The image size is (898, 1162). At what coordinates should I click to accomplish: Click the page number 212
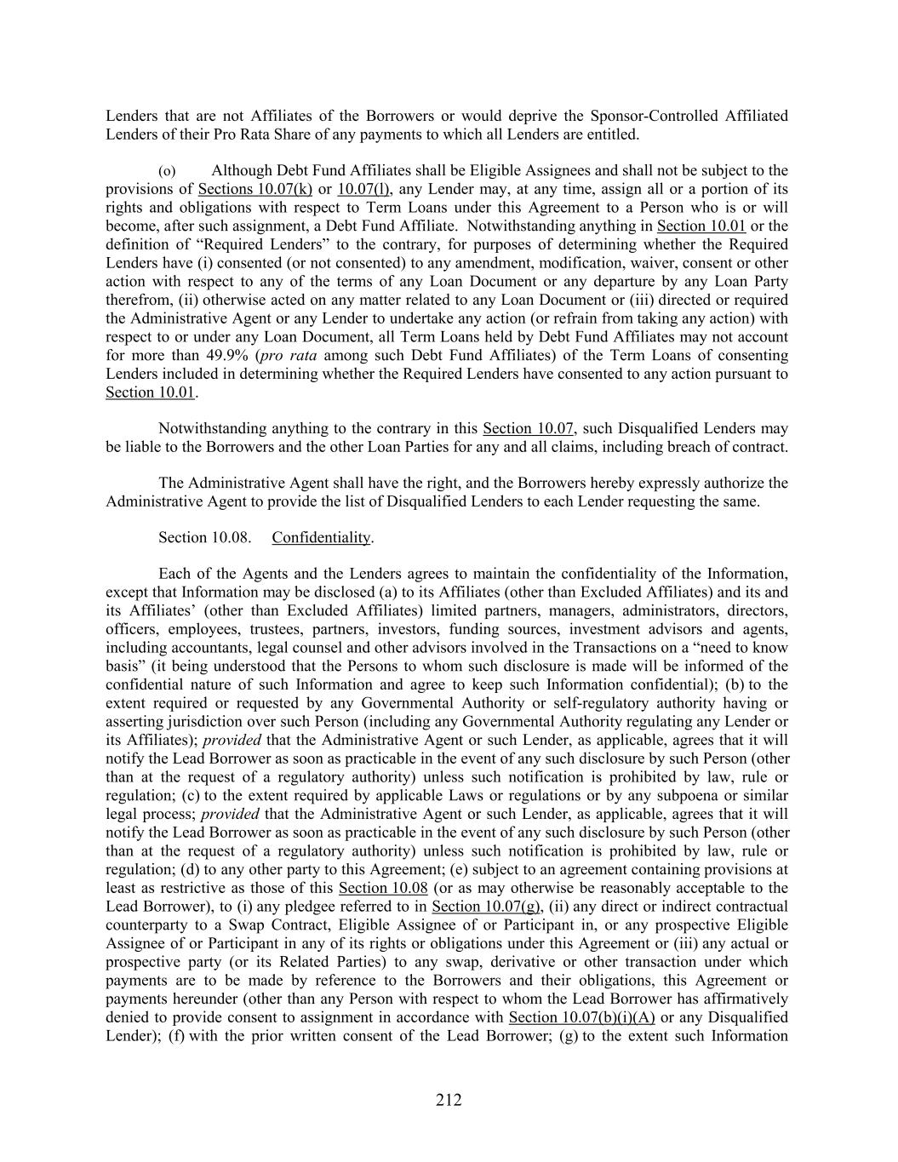click(x=449, y=1100)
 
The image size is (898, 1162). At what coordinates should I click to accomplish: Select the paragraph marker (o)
click(x=168, y=171)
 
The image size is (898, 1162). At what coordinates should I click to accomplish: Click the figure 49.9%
click(x=226, y=355)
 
